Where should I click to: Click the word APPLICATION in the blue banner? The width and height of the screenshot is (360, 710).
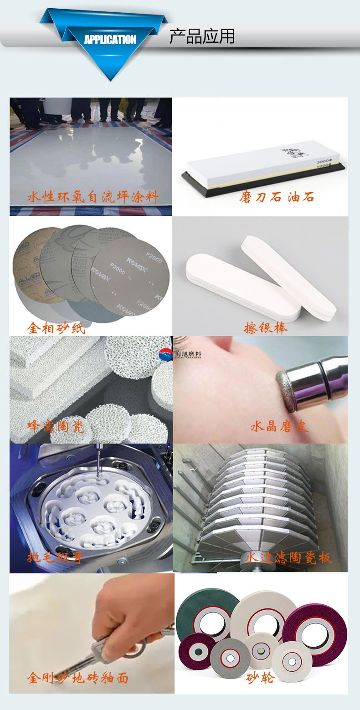(110, 40)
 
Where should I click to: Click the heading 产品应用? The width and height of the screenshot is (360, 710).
(202, 36)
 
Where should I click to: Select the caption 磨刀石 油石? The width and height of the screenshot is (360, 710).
(277, 197)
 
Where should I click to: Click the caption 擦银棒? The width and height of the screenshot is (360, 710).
(265, 328)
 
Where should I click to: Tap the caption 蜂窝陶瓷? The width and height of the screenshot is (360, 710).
(56, 427)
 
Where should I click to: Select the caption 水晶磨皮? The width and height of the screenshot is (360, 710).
(279, 427)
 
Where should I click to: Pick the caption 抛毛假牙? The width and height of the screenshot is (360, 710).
(56, 557)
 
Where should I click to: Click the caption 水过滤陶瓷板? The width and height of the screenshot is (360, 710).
(288, 557)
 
